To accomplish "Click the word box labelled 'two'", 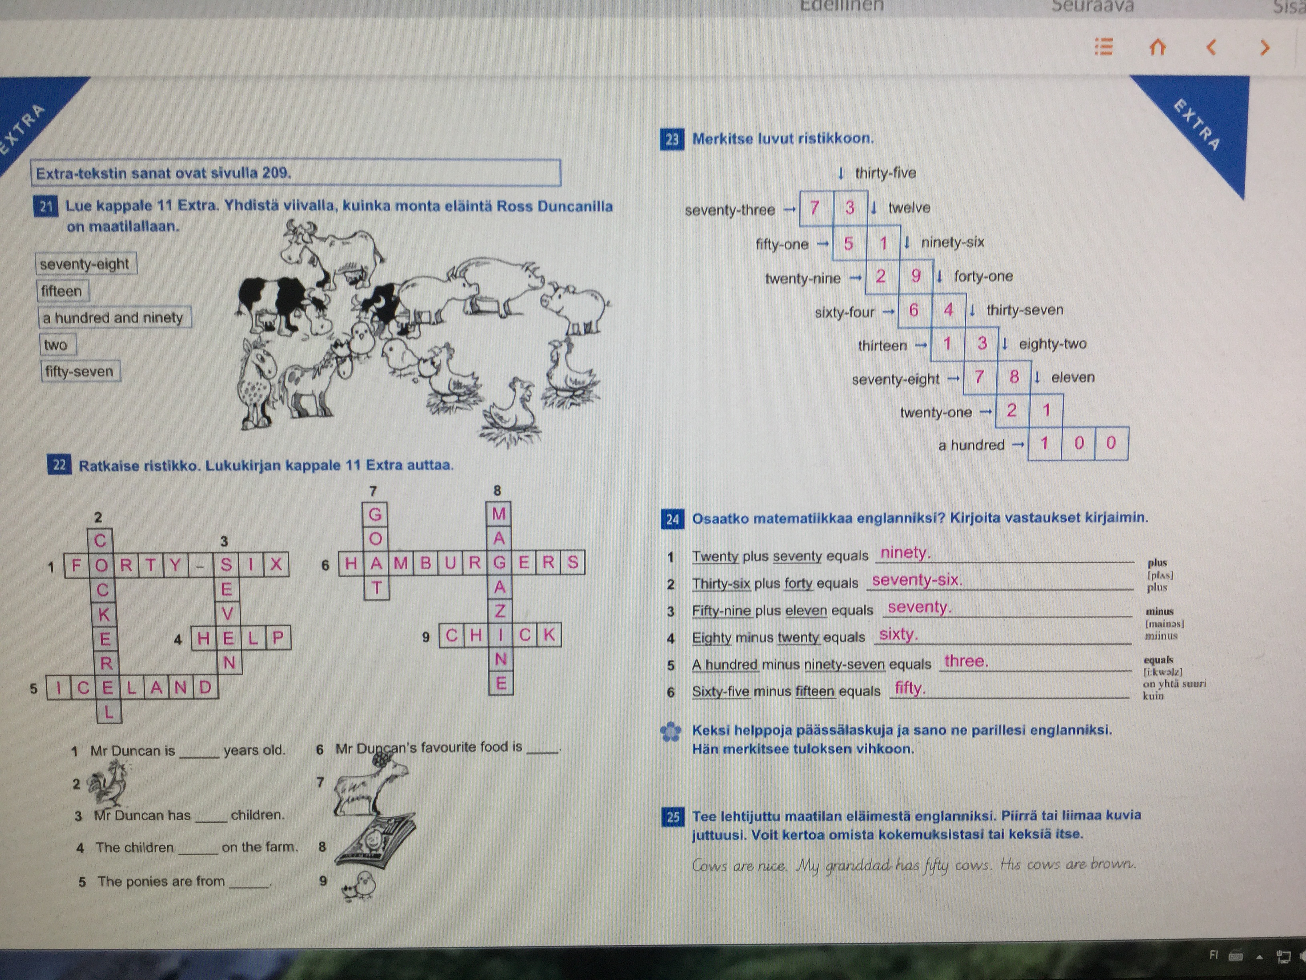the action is [56, 344].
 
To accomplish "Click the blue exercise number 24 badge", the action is [673, 519].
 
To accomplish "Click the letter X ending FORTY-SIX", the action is [276, 565].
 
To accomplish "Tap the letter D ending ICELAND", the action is [205, 687].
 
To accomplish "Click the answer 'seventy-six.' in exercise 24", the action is [917, 580].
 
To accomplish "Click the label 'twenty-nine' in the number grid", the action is [802, 278].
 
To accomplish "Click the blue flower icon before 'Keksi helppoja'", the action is [670, 732].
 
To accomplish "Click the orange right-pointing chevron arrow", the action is [1264, 47].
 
